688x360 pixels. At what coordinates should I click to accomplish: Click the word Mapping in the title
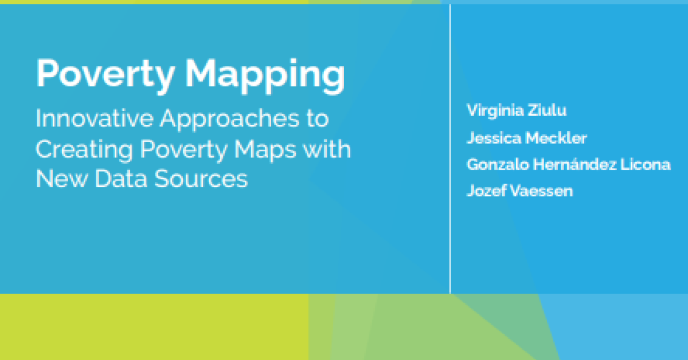pyautogui.click(x=265, y=76)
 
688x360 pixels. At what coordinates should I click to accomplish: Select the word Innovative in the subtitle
pyautogui.click(x=95, y=118)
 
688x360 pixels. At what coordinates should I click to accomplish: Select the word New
pyautogui.click(x=62, y=178)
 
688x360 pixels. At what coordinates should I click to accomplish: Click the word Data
pyautogui.click(x=121, y=178)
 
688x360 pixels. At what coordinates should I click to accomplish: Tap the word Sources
pyautogui.click(x=201, y=178)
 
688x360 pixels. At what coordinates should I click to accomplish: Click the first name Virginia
pyautogui.click(x=495, y=111)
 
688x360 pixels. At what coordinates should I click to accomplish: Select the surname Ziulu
pyautogui.click(x=547, y=110)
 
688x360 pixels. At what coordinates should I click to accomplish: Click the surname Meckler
pyautogui.click(x=556, y=138)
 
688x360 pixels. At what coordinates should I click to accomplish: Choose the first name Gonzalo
pyautogui.click(x=498, y=165)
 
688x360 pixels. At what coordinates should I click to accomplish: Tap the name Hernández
pyautogui.click(x=575, y=164)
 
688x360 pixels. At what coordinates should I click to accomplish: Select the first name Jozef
pyautogui.click(x=487, y=190)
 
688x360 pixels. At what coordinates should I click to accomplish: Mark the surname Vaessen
pyautogui.click(x=542, y=191)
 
